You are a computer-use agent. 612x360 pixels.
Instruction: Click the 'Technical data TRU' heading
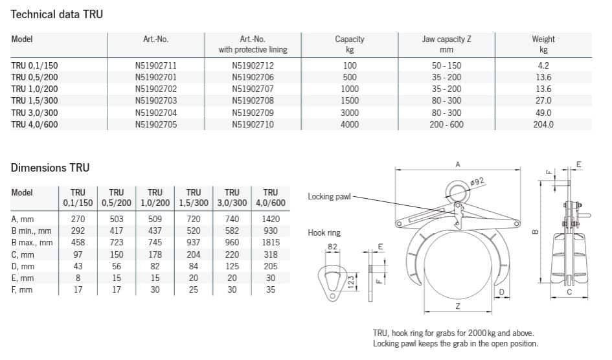point(56,14)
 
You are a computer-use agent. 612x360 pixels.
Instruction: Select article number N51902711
point(155,65)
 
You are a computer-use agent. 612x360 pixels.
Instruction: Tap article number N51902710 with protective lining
point(253,124)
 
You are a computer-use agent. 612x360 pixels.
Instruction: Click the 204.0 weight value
point(543,124)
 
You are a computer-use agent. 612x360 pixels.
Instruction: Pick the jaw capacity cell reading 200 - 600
point(446,124)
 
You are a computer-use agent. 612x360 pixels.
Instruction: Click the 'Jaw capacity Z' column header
point(446,39)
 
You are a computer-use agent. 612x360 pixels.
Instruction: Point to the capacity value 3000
point(349,113)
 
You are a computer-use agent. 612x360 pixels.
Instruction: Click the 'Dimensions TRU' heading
point(50,168)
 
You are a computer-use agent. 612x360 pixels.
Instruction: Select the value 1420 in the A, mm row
point(270,219)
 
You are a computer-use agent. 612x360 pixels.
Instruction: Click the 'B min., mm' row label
point(31,231)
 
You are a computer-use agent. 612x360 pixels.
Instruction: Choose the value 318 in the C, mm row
point(270,254)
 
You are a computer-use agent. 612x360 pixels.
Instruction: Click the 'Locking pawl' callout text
point(328,197)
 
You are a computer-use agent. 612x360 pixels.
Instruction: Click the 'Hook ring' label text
point(324,232)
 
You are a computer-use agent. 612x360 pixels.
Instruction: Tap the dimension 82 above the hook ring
point(333,246)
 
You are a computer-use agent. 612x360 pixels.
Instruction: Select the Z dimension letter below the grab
point(458,305)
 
